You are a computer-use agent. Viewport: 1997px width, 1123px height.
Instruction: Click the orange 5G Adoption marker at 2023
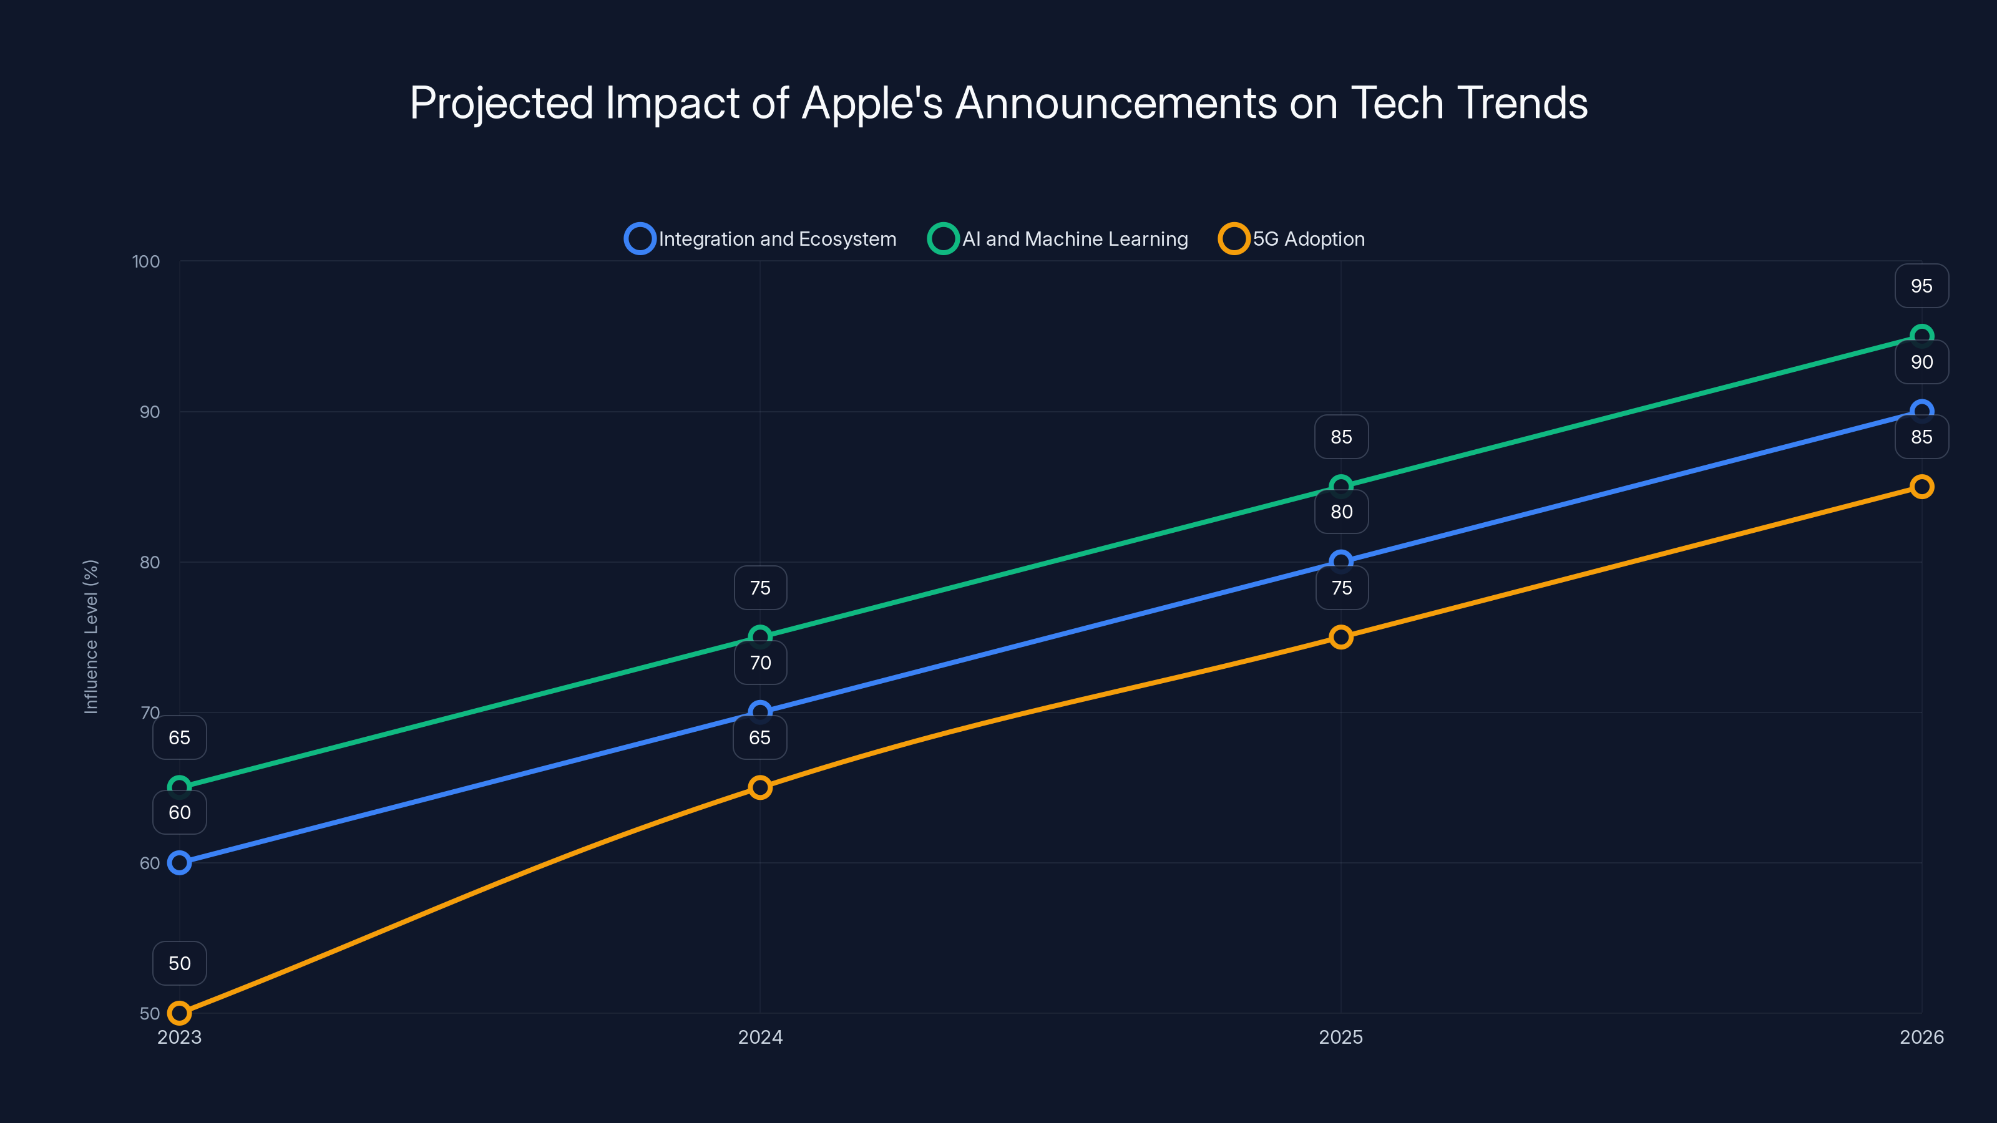click(179, 1013)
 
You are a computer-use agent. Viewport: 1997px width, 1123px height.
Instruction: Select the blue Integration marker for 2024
click(759, 711)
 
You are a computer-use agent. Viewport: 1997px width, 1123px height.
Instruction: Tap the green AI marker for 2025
click(1340, 487)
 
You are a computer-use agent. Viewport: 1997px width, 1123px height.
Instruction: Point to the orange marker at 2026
click(1921, 487)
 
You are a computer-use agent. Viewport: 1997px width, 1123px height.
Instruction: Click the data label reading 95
click(1921, 286)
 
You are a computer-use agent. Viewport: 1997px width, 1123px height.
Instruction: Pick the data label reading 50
click(179, 963)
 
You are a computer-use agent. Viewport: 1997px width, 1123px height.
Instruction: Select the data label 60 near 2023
click(179, 812)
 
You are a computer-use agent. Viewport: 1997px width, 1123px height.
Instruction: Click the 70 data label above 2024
click(759, 663)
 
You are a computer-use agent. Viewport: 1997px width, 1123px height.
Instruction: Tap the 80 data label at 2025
click(1341, 512)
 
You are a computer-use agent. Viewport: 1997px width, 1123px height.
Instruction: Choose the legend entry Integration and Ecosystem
click(761, 239)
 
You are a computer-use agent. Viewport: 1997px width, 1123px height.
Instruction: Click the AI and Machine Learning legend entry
click(1059, 239)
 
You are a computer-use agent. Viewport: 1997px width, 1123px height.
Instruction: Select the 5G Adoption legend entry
click(1292, 239)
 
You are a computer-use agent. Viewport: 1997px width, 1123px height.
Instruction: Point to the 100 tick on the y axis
click(146, 261)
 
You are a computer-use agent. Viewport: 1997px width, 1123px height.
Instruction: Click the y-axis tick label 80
click(150, 562)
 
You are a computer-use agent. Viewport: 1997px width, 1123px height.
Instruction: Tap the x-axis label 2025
click(1340, 1037)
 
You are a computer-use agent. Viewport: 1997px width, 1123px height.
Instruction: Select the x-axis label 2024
click(759, 1037)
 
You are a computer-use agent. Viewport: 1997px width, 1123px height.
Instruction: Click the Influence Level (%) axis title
click(90, 636)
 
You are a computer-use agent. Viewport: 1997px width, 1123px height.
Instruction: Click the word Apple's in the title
click(871, 103)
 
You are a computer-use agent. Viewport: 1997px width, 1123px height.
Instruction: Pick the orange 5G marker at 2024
click(759, 787)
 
